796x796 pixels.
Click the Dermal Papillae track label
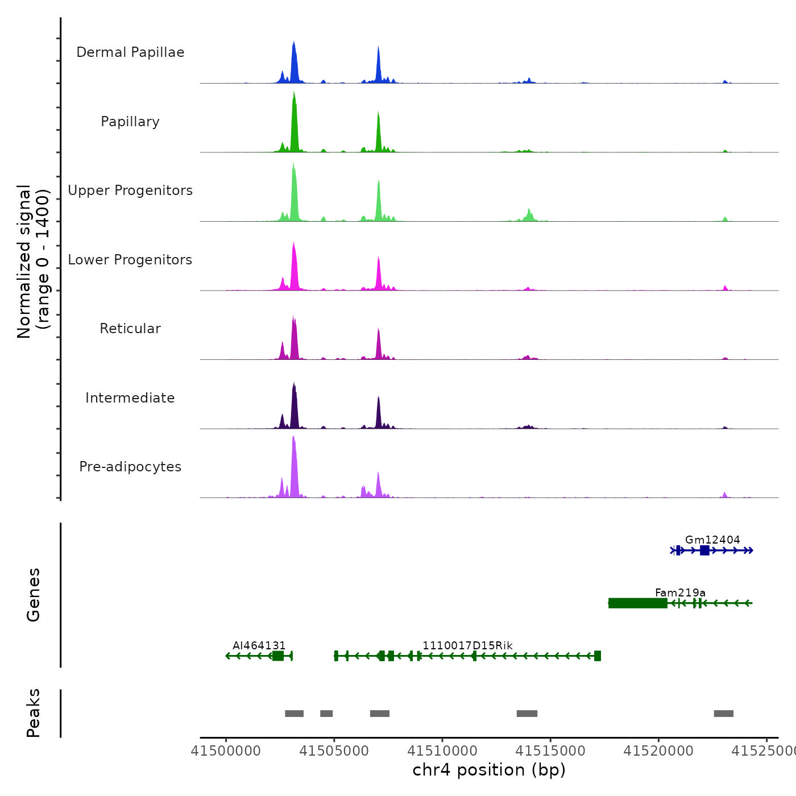coord(130,52)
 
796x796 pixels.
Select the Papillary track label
coord(130,122)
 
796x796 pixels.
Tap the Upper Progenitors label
coord(130,190)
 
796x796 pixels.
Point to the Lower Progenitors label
coord(130,260)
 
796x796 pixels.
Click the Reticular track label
coord(130,329)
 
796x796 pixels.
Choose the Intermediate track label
coord(130,398)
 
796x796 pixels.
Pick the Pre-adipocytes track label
coord(130,467)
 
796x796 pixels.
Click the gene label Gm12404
coord(712,540)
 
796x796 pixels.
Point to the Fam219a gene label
coord(680,592)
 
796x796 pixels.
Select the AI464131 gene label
coord(259,645)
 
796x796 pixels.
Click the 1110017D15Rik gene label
coord(467,645)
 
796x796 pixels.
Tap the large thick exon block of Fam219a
coord(637,603)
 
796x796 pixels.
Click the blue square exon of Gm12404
coord(704,550)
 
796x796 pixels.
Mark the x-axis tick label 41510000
coord(442,751)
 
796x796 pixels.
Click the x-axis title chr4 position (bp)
coord(489,770)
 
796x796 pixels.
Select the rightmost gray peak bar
coord(723,714)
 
